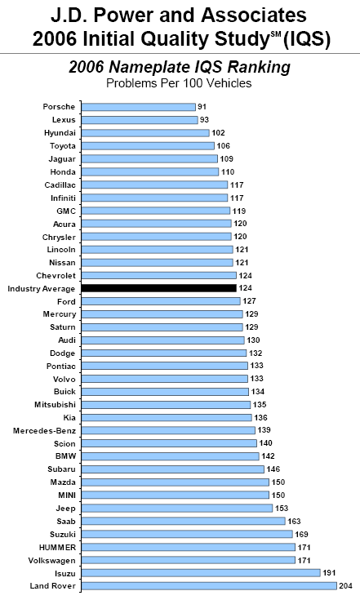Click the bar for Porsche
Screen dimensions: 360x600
pyautogui.click(x=139, y=107)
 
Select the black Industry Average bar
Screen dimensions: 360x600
pyautogui.click(x=158, y=288)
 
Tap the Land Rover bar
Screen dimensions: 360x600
pyautogui.click(x=209, y=586)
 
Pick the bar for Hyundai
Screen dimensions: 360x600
pyautogui.click(x=145, y=133)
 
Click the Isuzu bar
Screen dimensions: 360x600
pyautogui.click(x=201, y=573)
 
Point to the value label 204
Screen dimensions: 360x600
pyautogui.click(x=345, y=586)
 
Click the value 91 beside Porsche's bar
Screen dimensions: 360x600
pyautogui.click(x=202, y=107)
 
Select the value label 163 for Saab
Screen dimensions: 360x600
pyautogui.click(x=294, y=521)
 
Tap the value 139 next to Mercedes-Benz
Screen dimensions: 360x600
pyautogui.click(x=264, y=430)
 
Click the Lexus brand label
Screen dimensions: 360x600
pyautogui.click(x=64, y=120)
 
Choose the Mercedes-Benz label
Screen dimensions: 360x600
pyautogui.click(x=44, y=431)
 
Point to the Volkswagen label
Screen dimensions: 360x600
pyautogui.click(x=51, y=561)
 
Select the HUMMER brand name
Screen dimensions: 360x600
pyautogui.click(x=57, y=548)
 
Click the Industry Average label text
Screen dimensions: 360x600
pyautogui.click(x=42, y=289)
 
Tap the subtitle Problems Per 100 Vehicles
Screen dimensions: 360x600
pyautogui.click(x=179, y=83)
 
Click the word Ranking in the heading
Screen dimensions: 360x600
pyautogui.click(x=259, y=68)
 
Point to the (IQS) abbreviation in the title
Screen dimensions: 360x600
pyautogui.click(x=307, y=39)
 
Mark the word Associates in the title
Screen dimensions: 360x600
pyautogui.click(x=254, y=16)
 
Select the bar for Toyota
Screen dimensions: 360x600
pyautogui.click(x=148, y=146)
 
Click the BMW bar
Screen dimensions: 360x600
pyautogui.click(x=171, y=456)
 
